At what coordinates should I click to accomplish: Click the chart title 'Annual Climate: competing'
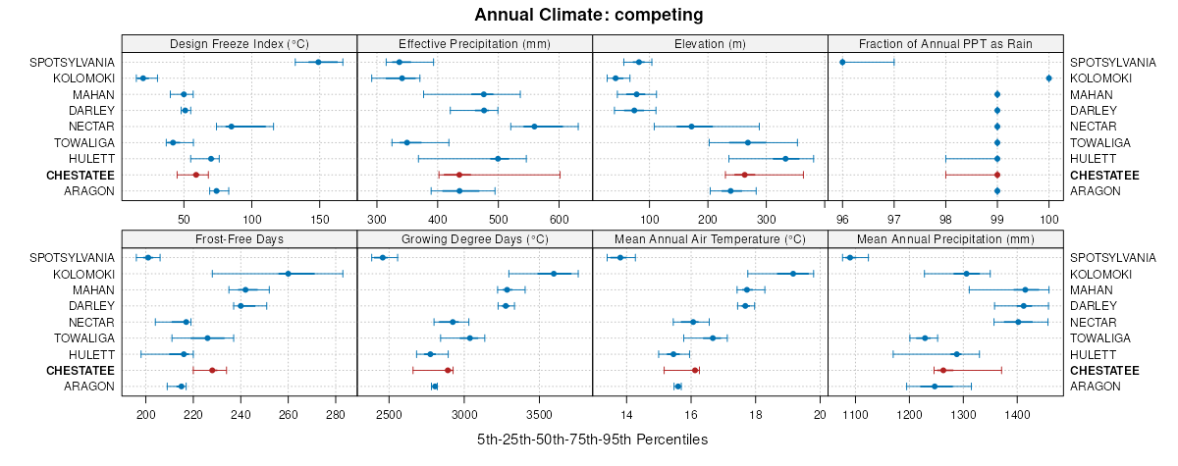tap(588, 15)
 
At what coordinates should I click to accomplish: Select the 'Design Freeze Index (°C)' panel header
tap(240, 43)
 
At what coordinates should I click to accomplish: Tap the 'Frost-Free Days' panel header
tap(240, 238)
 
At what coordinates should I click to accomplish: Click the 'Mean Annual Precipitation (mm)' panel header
tap(945, 238)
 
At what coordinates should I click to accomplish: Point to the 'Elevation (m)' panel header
tap(711, 43)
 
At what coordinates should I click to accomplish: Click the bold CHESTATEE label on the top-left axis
tap(81, 175)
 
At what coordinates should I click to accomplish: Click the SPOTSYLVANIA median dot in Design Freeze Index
tap(318, 62)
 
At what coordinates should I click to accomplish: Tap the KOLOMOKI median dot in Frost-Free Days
tap(288, 274)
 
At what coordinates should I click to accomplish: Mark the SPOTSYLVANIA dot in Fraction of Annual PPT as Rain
tap(842, 62)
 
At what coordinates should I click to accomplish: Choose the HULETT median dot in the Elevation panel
tap(785, 159)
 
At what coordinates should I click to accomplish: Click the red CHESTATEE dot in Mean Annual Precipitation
tap(943, 370)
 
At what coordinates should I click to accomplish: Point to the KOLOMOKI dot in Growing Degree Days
tap(554, 274)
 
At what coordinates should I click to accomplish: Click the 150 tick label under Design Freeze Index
tap(319, 207)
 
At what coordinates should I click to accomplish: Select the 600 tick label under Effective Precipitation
tap(560, 207)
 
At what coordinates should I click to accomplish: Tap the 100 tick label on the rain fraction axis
tap(1048, 207)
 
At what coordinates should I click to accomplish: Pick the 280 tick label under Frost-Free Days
tap(336, 402)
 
